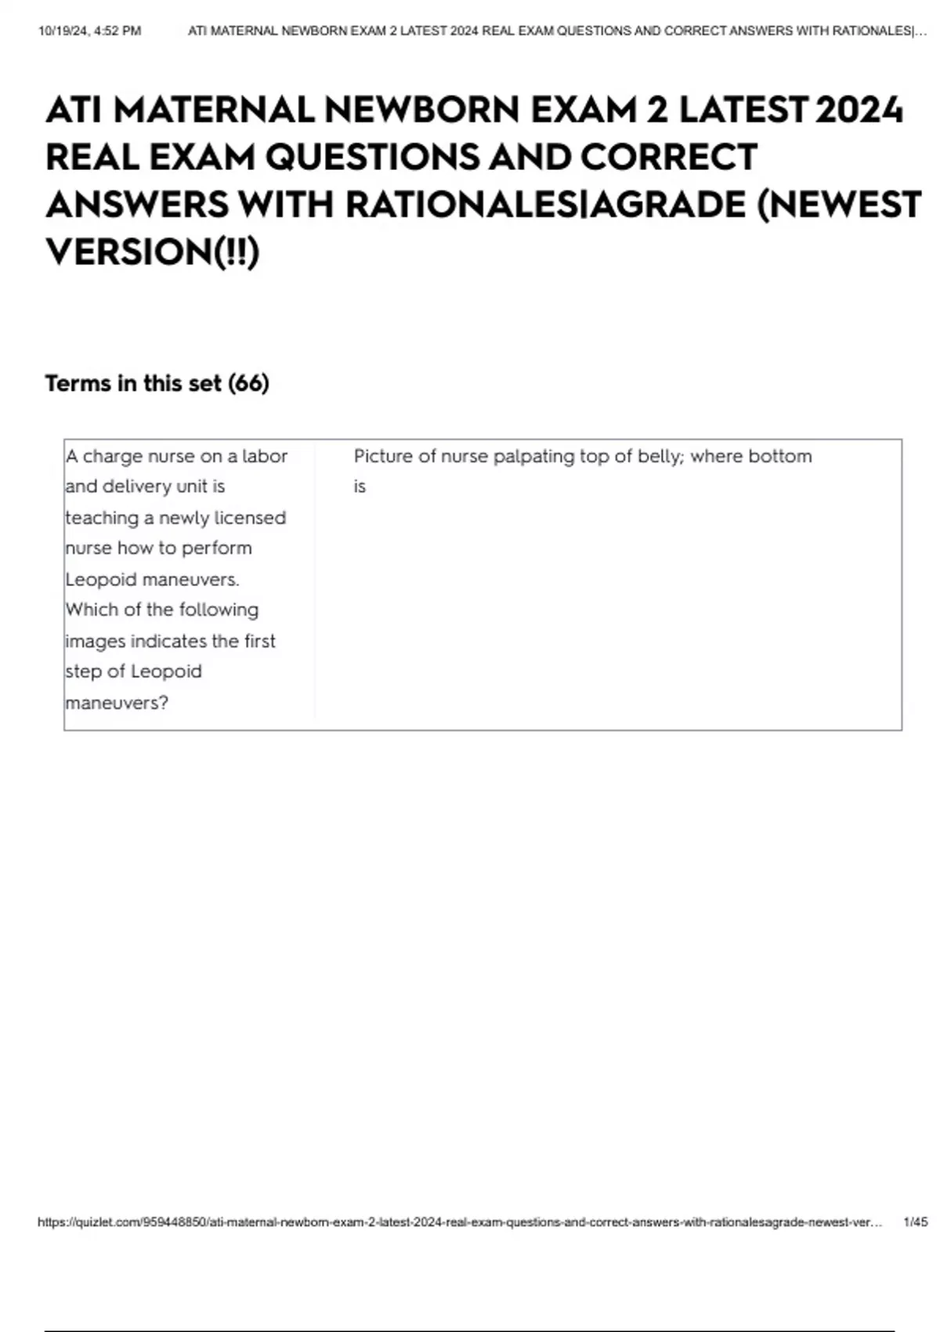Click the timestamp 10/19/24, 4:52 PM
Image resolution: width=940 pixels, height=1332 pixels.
89,31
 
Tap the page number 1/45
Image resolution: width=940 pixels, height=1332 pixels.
915,1222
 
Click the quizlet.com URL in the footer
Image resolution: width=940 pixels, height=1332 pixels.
459,1222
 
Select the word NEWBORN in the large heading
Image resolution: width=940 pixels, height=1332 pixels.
422,110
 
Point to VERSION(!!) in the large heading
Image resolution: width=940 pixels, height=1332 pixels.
152,252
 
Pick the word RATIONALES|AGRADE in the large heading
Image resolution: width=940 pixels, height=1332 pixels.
545,205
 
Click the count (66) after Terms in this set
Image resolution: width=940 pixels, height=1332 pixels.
248,383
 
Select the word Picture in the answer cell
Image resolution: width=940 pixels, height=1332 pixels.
382,456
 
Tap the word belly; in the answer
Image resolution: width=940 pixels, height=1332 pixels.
660,456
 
